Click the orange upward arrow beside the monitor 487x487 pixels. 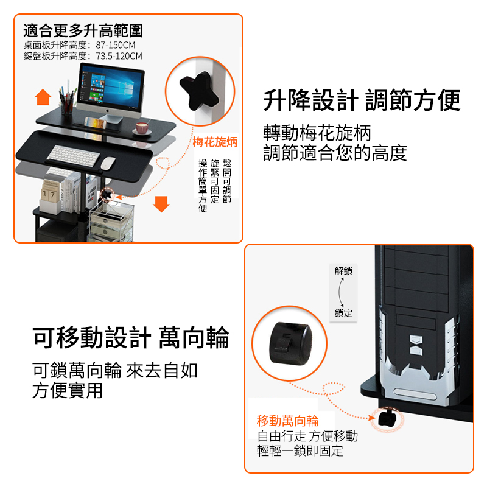pos(43,97)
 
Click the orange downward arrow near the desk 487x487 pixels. pos(161,204)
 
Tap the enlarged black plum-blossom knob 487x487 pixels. pos(199,91)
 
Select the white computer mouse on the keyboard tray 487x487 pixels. pos(108,163)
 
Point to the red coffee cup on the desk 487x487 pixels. pos(142,128)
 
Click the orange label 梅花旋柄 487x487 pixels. pos(215,142)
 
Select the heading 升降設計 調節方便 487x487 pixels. pos(362,100)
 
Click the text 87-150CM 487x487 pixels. pos(115,45)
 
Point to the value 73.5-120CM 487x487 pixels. pos(119,56)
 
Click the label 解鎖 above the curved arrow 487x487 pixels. pos(343,271)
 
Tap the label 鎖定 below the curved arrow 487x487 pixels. pos(343,313)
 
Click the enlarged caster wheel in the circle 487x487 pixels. pos(290,343)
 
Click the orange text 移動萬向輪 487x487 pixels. pos(287,421)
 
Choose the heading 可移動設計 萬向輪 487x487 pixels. pos(131,338)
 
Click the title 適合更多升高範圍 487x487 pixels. pos(83,31)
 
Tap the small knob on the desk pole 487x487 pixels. pos(107,195)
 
